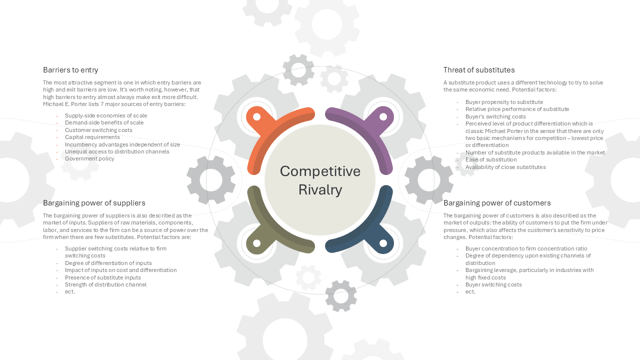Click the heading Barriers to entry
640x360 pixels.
70,70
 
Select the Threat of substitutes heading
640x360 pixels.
479,70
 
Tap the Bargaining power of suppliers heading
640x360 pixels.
94,203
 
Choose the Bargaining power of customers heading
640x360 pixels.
497,203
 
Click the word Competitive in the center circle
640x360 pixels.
320,171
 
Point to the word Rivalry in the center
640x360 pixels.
320,190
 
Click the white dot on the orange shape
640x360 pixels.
257,117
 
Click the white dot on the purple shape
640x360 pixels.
383,117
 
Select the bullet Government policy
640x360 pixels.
89,159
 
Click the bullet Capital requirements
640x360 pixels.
92,137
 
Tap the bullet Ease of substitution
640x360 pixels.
491,159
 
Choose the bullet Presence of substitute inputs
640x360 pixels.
103,277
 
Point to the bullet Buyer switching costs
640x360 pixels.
493,284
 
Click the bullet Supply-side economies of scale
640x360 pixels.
106,115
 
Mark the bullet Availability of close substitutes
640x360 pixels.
505,167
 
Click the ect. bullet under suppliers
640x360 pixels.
69,291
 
